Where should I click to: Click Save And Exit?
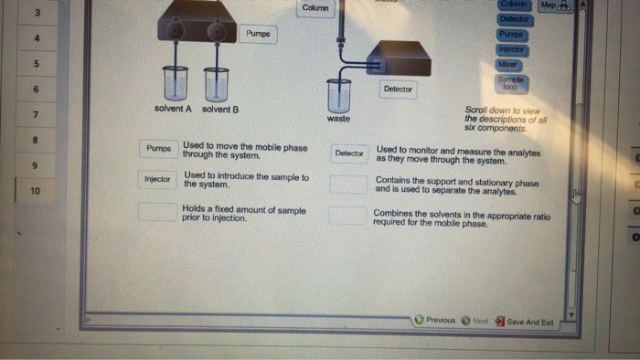click(525, 322)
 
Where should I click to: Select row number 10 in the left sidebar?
click(35, 191)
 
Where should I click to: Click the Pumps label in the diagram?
click(258, 34)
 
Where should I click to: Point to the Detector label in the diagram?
click(398, 89)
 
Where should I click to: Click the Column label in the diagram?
click(315, 8)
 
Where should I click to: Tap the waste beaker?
click(338, 95)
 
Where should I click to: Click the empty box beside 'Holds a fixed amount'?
click(156, 212)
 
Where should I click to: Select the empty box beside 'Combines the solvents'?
click(347, 217)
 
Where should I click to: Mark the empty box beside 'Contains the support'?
click(347, 184)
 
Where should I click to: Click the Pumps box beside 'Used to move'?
click(158, 148)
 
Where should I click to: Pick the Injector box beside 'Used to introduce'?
click(157, 179)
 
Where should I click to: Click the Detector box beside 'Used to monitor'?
click(349, 153)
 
